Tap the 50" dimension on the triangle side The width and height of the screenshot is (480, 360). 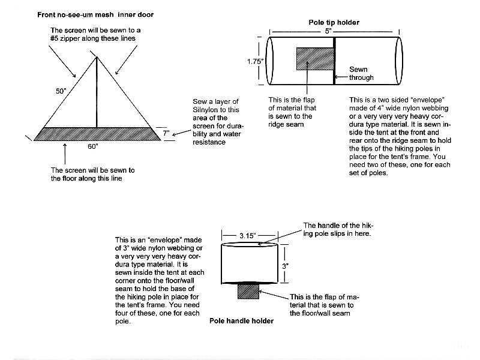tap(61, 91)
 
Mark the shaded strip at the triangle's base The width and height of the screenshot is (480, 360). tap(96, 134)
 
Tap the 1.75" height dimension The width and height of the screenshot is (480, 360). tap(256, 61)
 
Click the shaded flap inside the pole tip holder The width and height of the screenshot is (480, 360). tap(311, 59)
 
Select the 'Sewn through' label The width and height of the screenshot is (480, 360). tap(361, 73)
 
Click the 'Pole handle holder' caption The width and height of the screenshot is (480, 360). tap(241, 321)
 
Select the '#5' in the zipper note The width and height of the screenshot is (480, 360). tap(56, 38)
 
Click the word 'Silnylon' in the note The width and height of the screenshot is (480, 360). tap(206, 110)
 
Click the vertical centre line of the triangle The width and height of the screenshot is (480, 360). tap(97, 93)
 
